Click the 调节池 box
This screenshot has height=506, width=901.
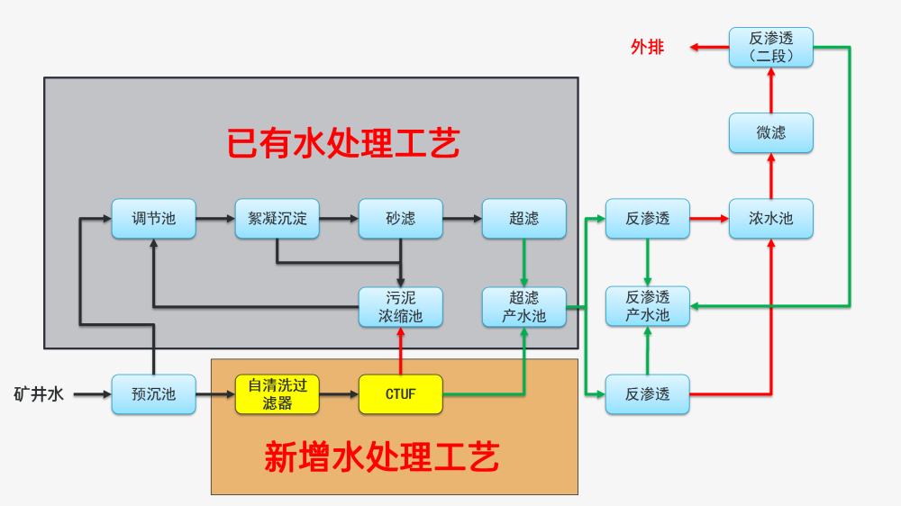coord(153,219)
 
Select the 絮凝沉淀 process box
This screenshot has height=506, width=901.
coord(278,219)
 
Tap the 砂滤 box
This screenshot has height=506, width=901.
coord(401,219)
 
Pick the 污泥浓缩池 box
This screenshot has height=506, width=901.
coord(401,307)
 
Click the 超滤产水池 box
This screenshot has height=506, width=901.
coord(524,307)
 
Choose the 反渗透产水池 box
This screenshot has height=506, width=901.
coord(648,307)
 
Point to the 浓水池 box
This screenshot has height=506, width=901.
coord(771,219)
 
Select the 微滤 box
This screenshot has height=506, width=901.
coord(771,133)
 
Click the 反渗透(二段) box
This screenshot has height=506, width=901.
coord(771,47)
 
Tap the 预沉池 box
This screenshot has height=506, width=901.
coord(153,394)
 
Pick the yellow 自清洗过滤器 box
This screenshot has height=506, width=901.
coord(278,394)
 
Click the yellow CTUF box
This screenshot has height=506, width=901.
coord(401,394)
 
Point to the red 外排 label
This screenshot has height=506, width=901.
coord(647,47)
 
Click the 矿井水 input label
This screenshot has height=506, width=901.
coord(39,394)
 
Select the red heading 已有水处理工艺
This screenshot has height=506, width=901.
coord(342,143)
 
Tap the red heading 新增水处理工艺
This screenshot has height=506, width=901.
coord(381,457)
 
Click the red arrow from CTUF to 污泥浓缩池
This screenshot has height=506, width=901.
coord(401,351)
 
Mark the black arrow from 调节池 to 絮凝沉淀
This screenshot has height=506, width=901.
coord(215,219)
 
